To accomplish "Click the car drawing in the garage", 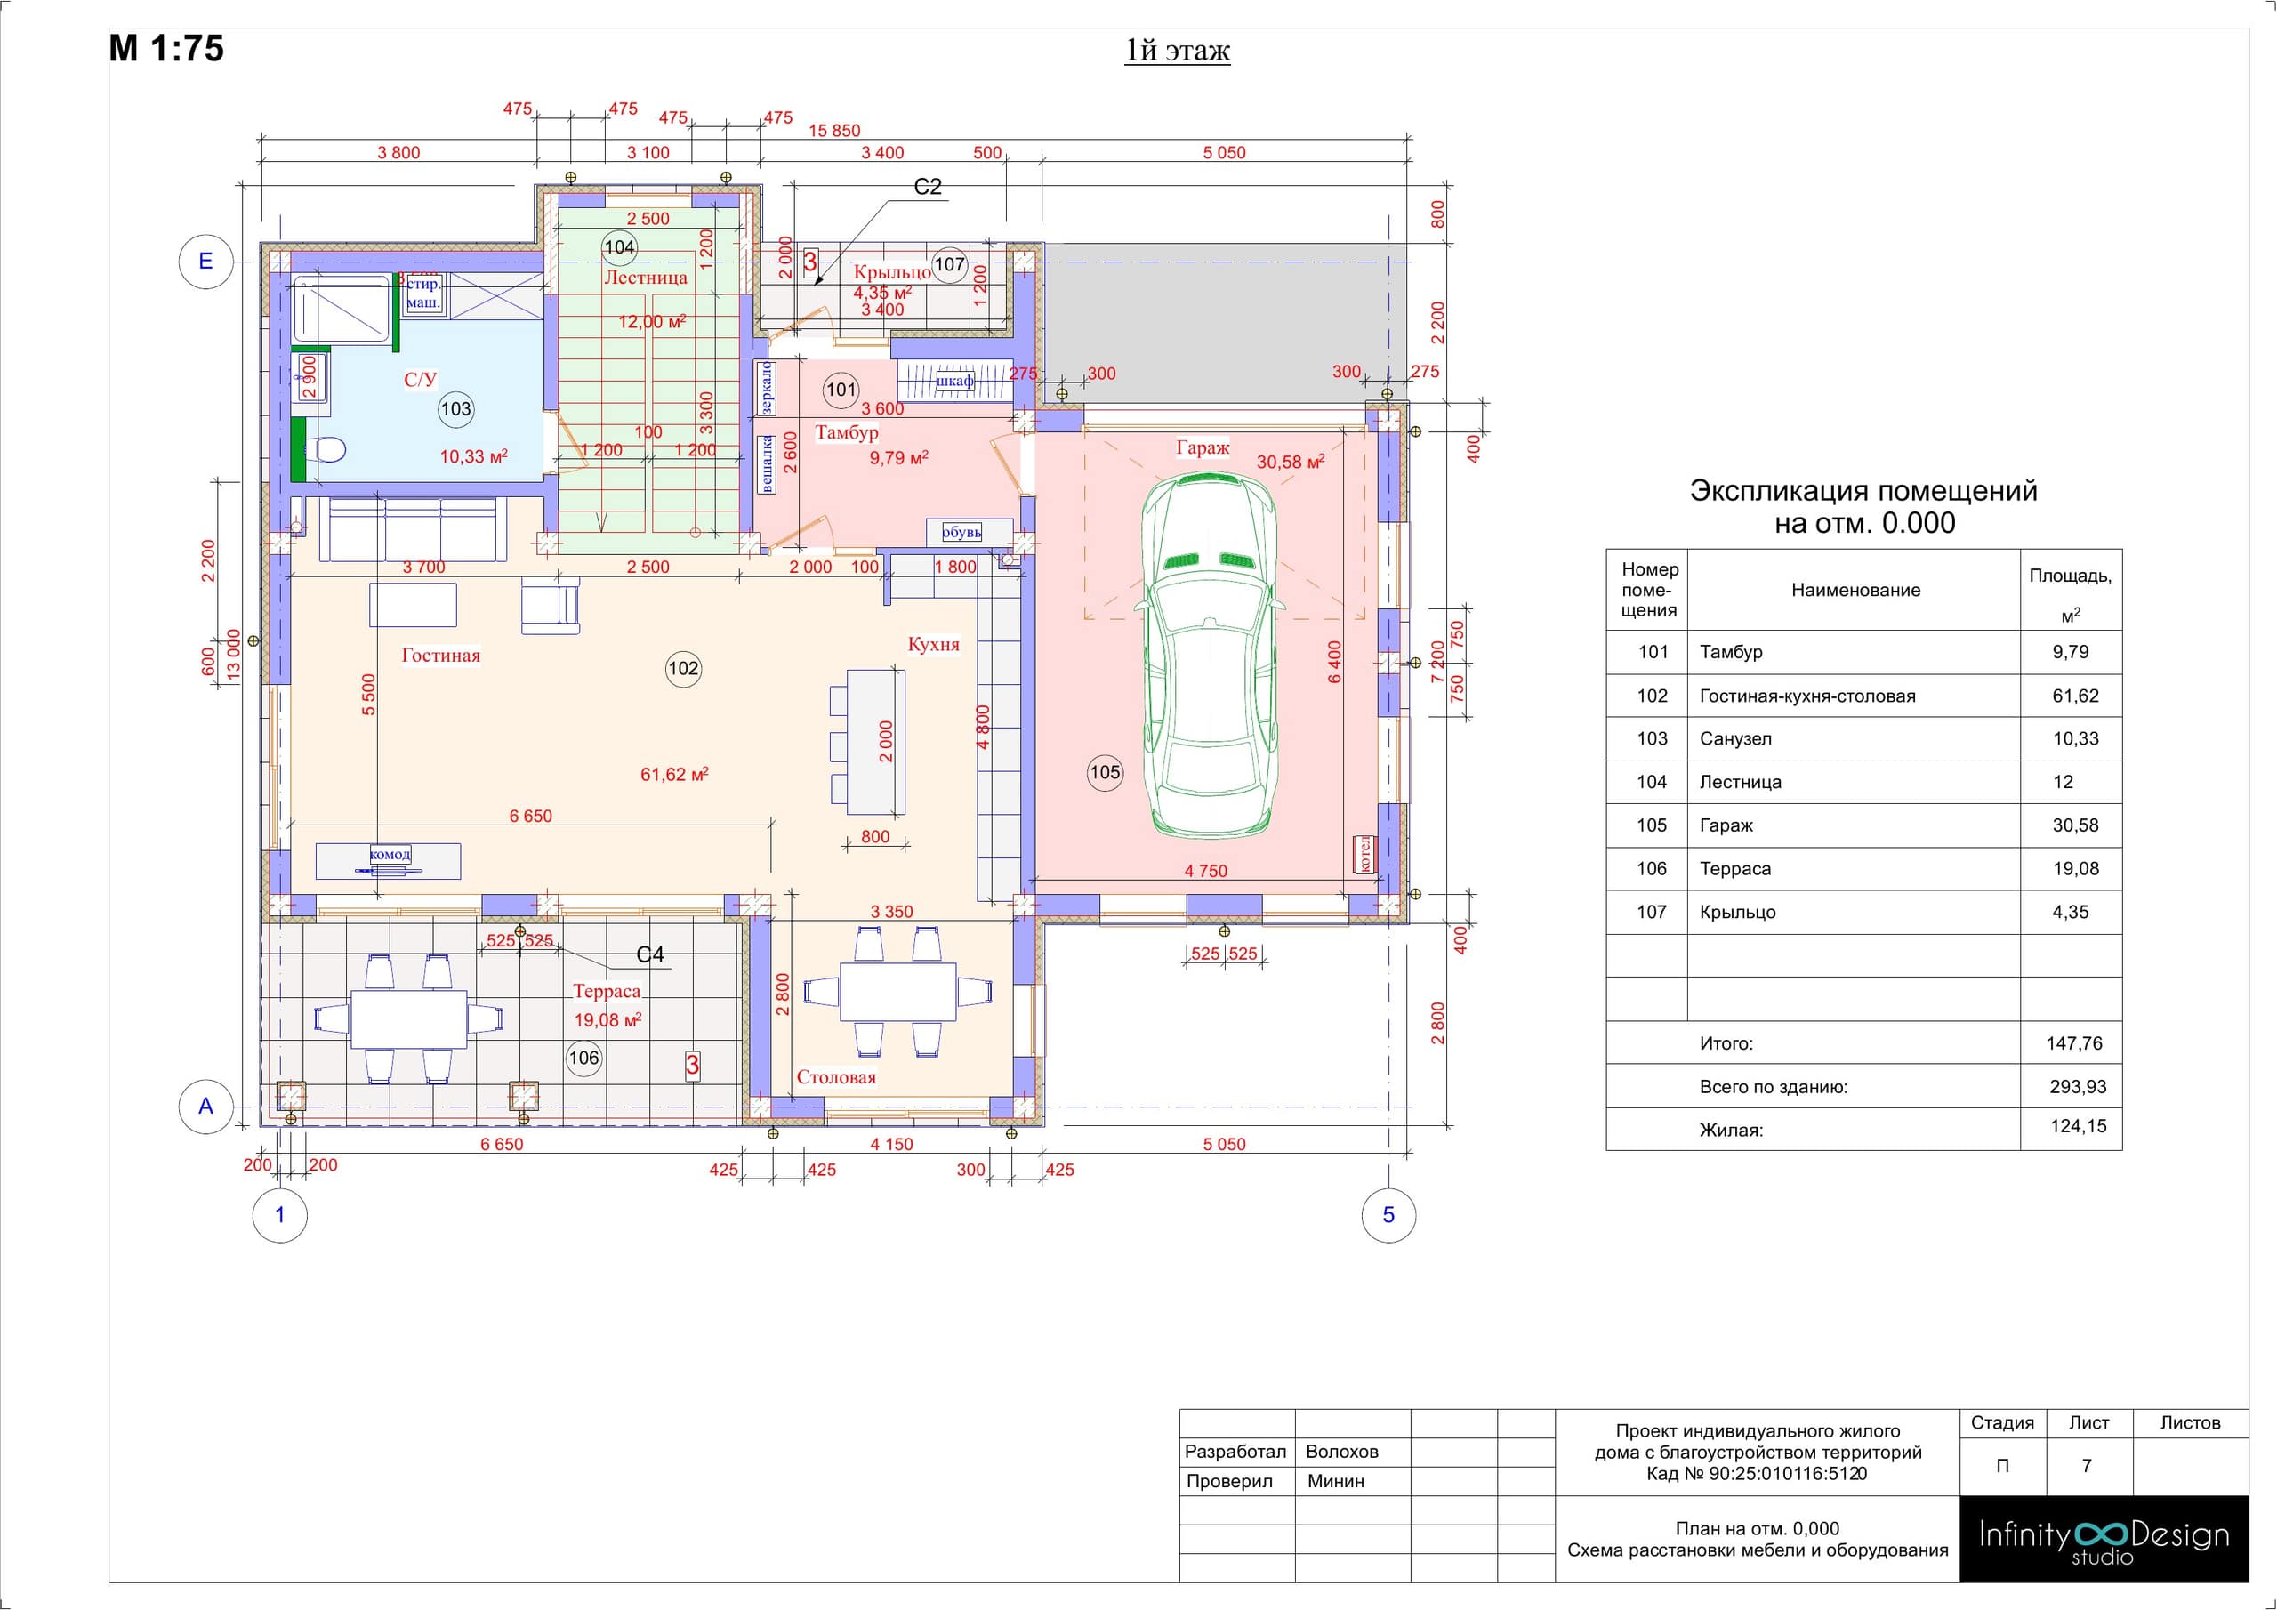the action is (x=1209, y=655).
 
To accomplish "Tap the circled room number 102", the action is (x=683, y=669).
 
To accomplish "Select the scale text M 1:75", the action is (x=166, y=49).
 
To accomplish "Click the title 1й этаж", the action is (x=1177, y=51).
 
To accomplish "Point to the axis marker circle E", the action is (x=205, y=261).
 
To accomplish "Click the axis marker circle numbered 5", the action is (x=1388, y=1215).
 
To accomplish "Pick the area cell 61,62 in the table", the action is (x=2076, y=696).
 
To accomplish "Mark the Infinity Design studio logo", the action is (x=2104, y=1539).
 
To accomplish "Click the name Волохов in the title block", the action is (x=1342, y=1452).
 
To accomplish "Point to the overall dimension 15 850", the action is (x=834, y=131).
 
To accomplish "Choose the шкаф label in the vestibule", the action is (x=954, y=381).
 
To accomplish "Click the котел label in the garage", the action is (x=1364, y=854).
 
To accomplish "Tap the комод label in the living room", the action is (x=389, y=854).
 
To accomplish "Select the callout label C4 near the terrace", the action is (x=650, y=954).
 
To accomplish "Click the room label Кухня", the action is (x=933, y=645).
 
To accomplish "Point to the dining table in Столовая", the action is (x=898, y=991).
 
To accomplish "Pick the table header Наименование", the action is (x=1855, y=591).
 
